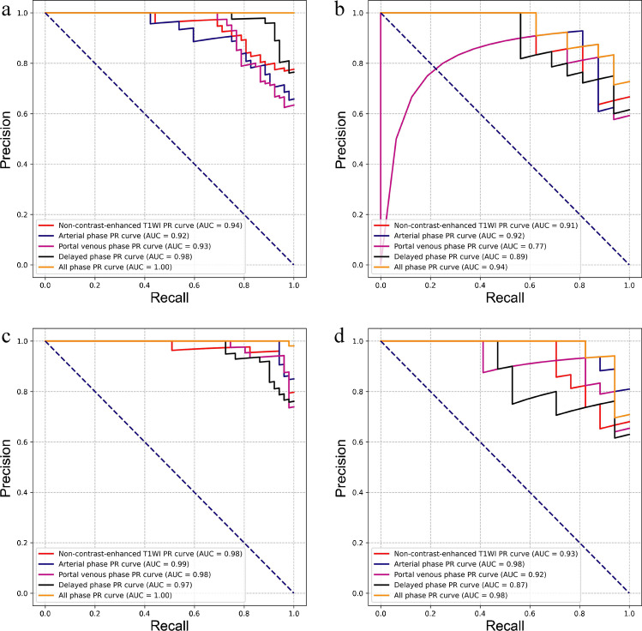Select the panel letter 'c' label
(7, 332)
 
